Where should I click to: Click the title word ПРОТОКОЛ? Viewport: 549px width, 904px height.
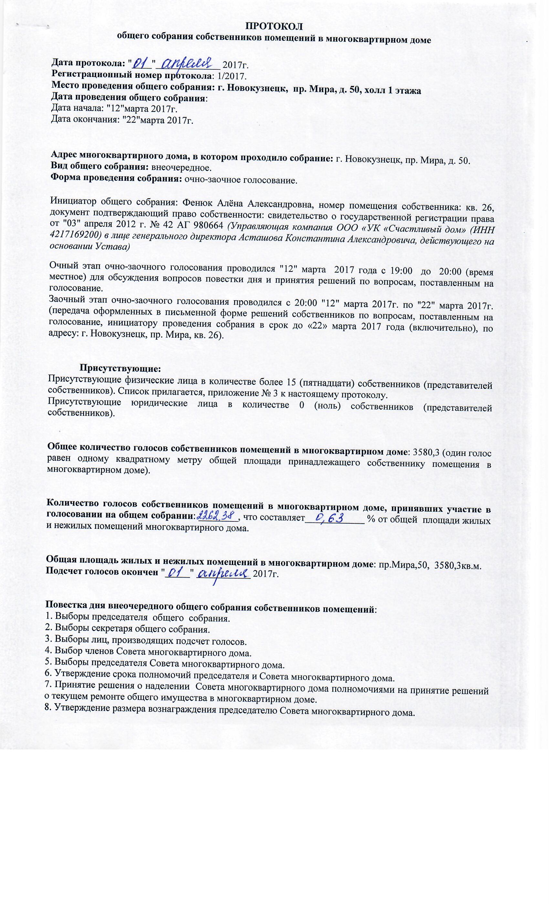point(274,26)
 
